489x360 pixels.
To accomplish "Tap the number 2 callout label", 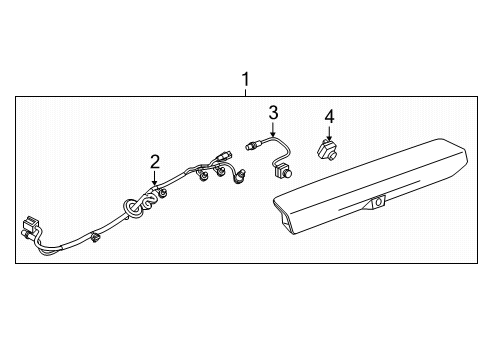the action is (x=155, y=162).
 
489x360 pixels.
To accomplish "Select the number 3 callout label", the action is (x=272, y=112).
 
